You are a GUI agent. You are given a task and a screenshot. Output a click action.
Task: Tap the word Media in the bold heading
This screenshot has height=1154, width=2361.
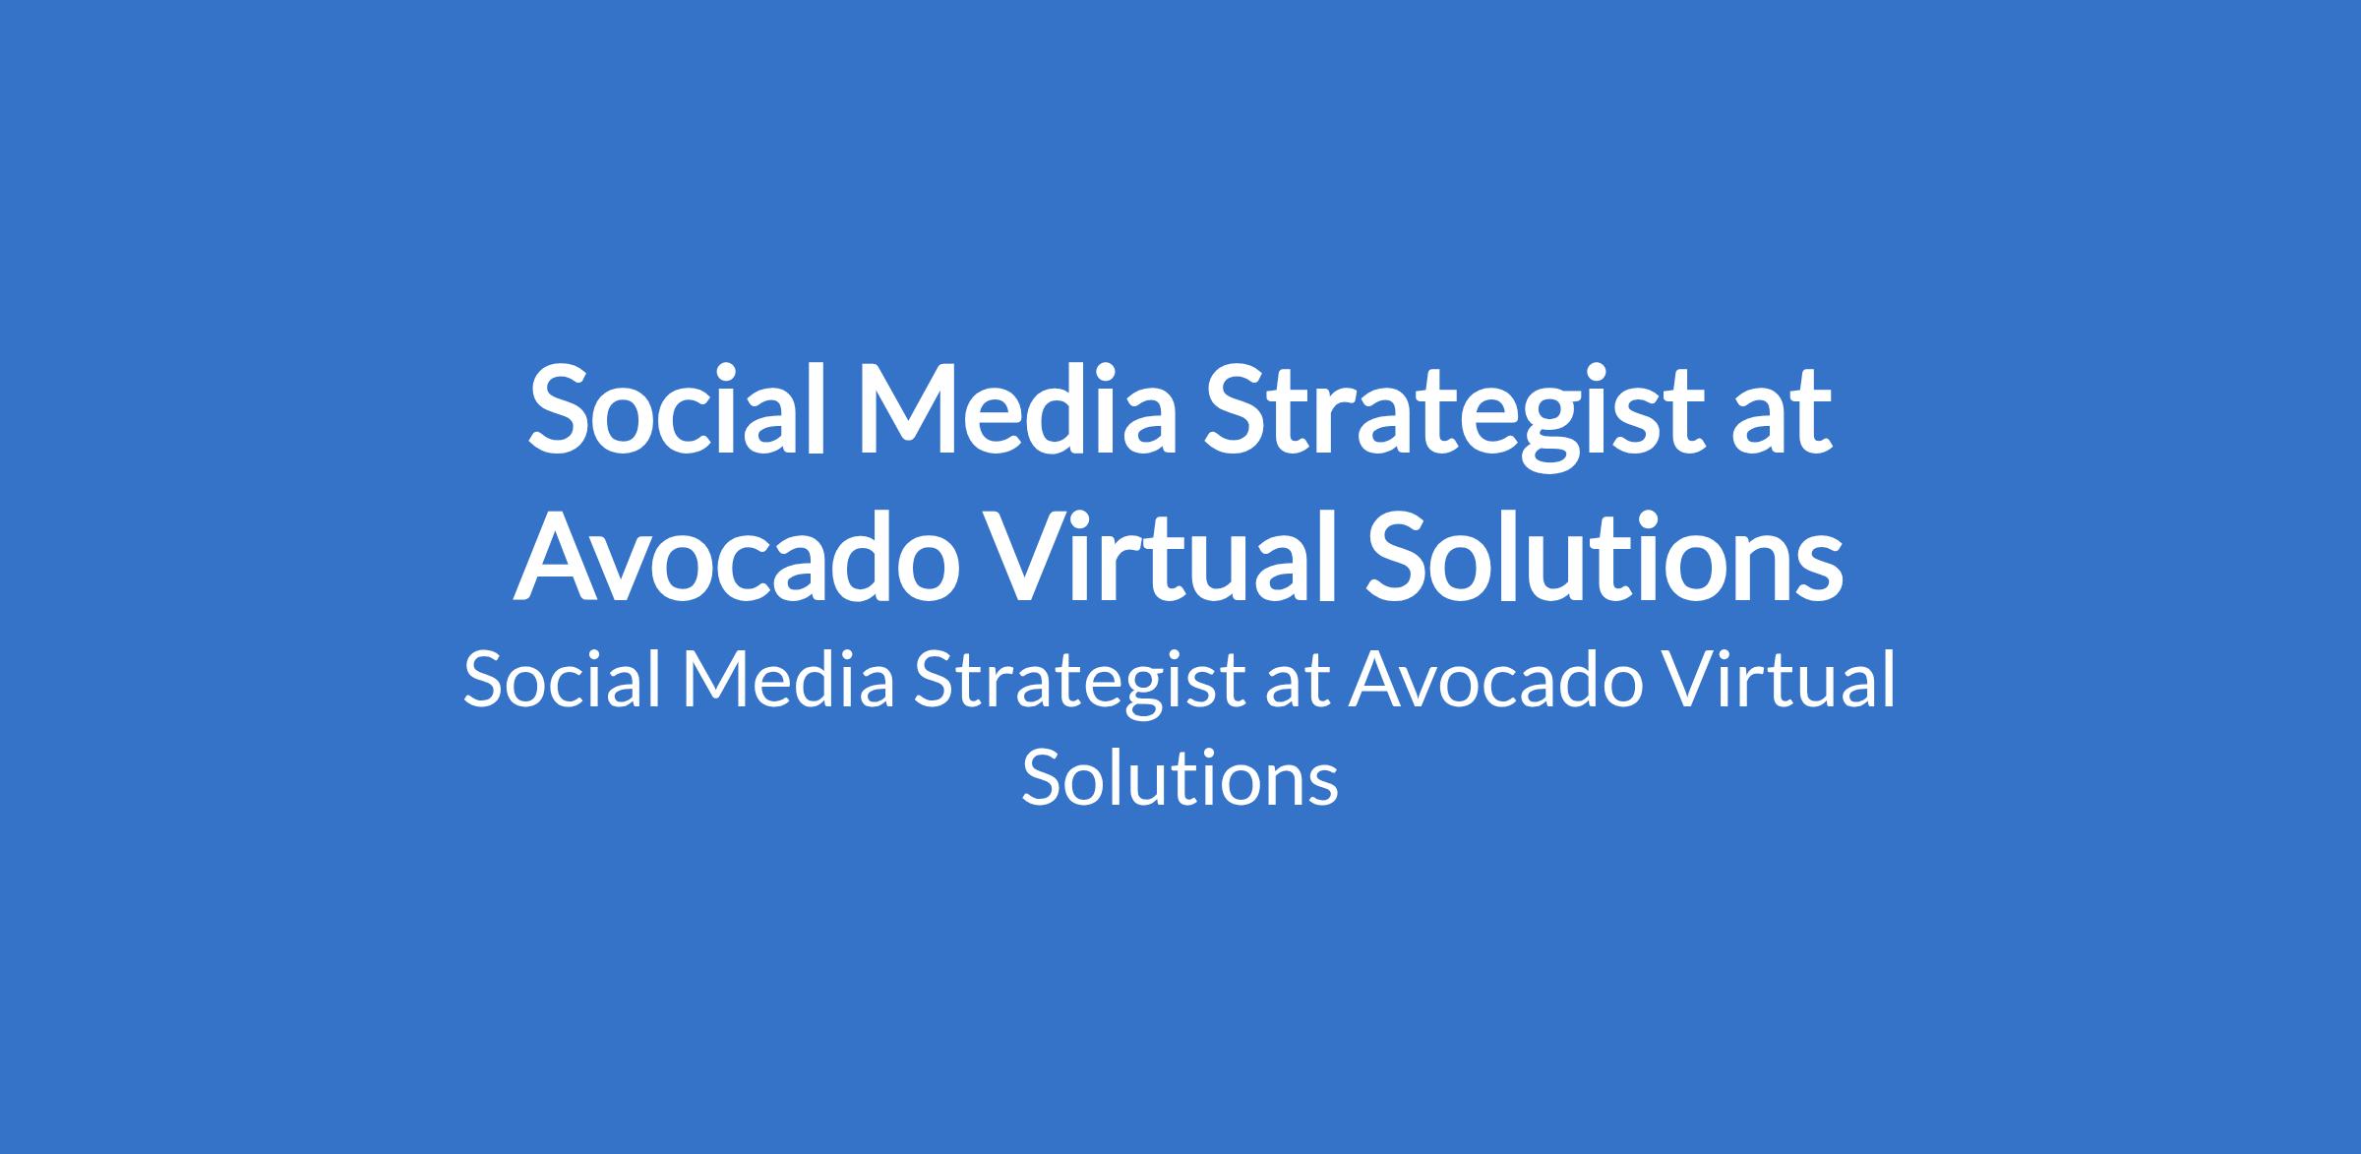point(1017,408)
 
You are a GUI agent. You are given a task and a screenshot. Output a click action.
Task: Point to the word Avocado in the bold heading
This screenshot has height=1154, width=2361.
point(736,554)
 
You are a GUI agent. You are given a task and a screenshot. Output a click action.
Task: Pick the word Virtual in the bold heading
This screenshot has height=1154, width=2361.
point(1161,554)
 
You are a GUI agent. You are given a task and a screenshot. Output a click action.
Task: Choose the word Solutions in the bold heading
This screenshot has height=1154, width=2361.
point(1604,554)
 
